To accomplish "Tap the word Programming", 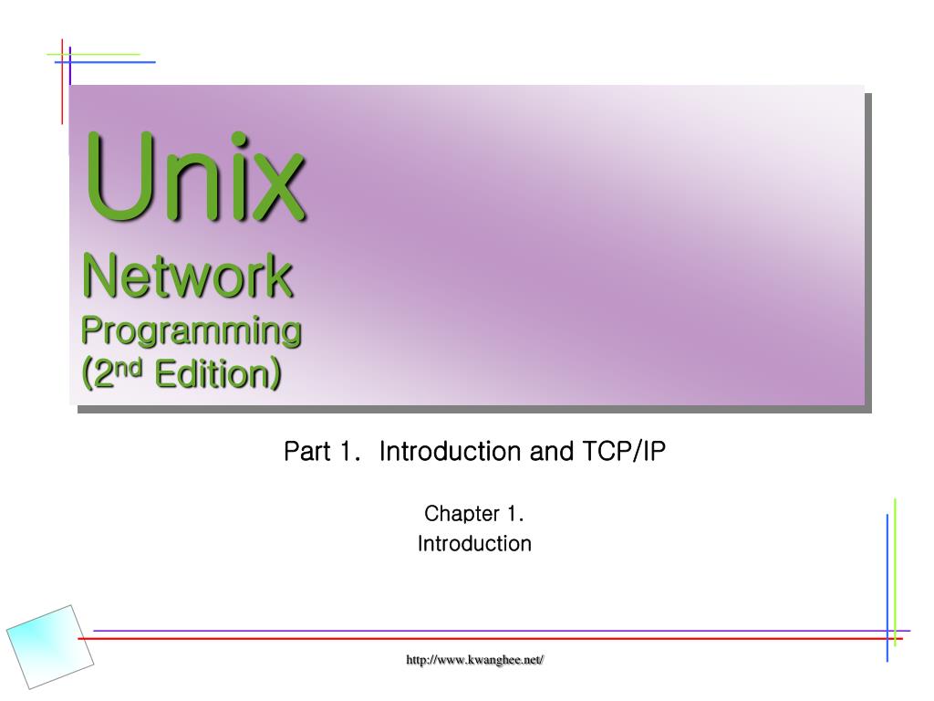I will pos(192,330).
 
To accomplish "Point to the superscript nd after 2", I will pos(132,368).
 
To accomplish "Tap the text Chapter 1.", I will pos(473,514).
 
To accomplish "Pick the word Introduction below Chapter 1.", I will pos(473,544).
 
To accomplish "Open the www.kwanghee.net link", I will pos(474,660).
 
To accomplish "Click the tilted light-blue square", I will pos(49,646).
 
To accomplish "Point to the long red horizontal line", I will pos(456,639).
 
